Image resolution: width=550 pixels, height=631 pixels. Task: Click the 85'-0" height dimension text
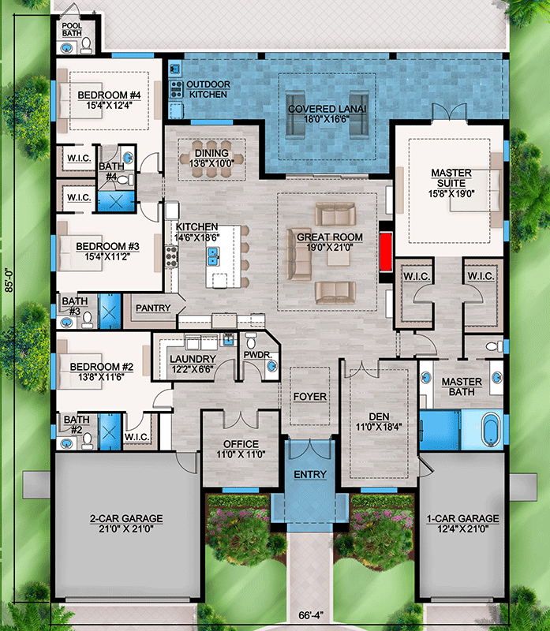click(8, 277)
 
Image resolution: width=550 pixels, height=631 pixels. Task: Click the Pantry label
click(153, 308)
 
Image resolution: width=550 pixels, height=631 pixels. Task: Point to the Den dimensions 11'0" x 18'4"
click(376, 427)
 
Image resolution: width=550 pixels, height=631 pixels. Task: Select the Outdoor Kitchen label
click(208, 89)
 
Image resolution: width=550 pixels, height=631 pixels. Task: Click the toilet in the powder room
click(252, 343)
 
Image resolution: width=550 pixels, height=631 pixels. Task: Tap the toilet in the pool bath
click(88, 44)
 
